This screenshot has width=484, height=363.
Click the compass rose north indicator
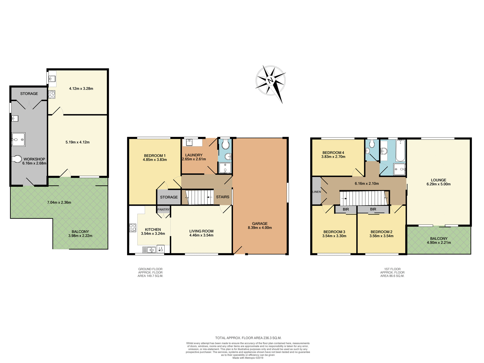click(270, 81)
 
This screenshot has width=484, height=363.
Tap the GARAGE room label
click(260, 224)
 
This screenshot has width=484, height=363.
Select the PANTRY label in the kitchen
click(163, 209)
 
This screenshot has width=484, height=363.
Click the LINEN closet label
click(317, 192)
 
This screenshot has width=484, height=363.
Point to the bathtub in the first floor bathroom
click(400, 151)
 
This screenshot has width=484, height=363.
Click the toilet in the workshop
click(17, 159)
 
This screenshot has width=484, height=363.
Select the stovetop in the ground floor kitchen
click(133, 228)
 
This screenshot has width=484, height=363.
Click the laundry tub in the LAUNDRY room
click(189, 142)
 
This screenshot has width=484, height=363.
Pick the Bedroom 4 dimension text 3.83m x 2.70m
click(333, 157)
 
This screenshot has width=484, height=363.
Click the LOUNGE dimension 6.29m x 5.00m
click(438, 184)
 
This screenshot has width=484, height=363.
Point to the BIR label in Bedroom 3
click(346, 209)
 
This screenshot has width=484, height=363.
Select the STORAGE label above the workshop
click(29, 94)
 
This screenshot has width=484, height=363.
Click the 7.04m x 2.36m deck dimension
click(59, 202)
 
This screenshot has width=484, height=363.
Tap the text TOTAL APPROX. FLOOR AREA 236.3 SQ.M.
click(248, 338)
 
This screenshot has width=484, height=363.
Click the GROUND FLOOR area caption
click(150, 273)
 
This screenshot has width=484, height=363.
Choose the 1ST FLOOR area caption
click(392, 273)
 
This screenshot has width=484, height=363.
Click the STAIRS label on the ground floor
click(223, 197)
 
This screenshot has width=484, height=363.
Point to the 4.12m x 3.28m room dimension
click(81, 88)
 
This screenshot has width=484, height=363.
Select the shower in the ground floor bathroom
click(225, 168)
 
